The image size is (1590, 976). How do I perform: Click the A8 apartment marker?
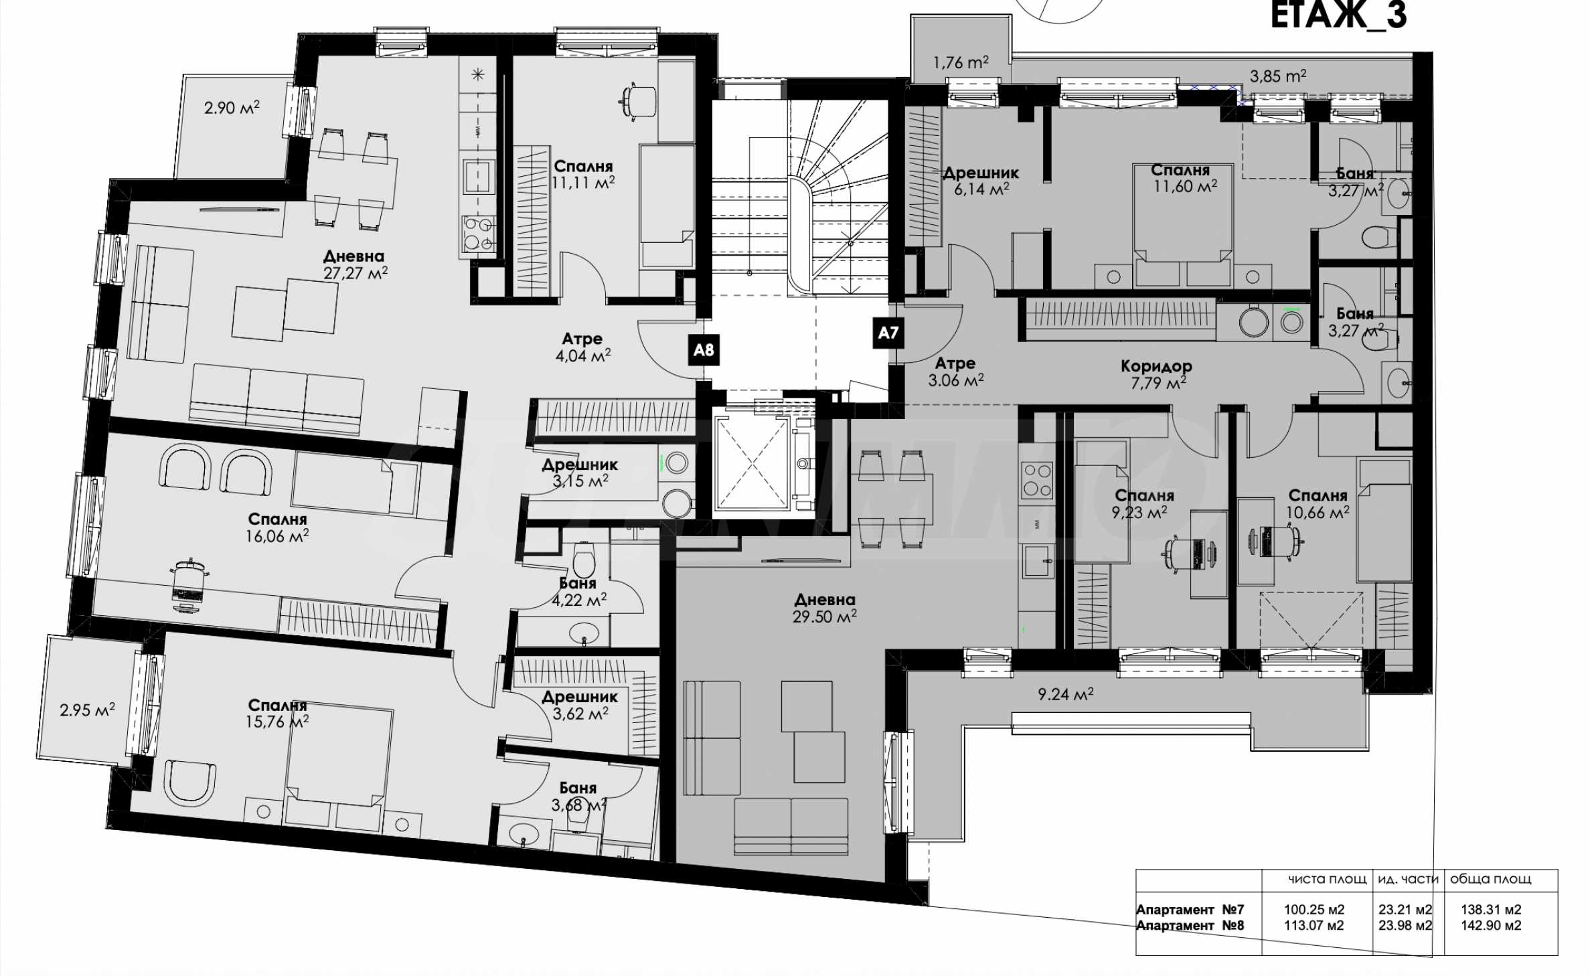tap(704, 350)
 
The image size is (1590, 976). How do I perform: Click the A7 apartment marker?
tap(888, 333)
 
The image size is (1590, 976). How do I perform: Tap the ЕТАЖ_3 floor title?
tap(1338, 16)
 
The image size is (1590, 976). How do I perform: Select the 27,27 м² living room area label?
tap(355, 273)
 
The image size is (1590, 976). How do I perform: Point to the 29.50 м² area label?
tap(825, 617)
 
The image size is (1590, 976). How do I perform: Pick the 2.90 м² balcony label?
tap(232, 107)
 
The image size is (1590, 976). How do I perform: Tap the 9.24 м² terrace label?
tap(1066, 694)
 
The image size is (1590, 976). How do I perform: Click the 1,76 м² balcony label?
tap(961, 62)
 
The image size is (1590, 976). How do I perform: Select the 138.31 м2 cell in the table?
tap(1491, 910)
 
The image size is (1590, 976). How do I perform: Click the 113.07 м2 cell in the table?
tap(1314, 925)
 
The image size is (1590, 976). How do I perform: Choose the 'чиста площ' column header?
tap(1327, 879)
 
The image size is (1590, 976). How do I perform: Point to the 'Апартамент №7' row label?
tap(1190, 910)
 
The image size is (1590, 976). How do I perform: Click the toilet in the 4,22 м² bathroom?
tap(584, 559)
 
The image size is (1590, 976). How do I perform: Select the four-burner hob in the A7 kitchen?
tap(1037, 481)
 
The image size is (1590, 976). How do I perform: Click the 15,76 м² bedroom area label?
tap(277, 722)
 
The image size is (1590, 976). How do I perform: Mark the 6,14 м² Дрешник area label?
tap(981, 189)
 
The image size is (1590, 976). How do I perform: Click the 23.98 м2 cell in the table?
tap(1405, 925)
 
